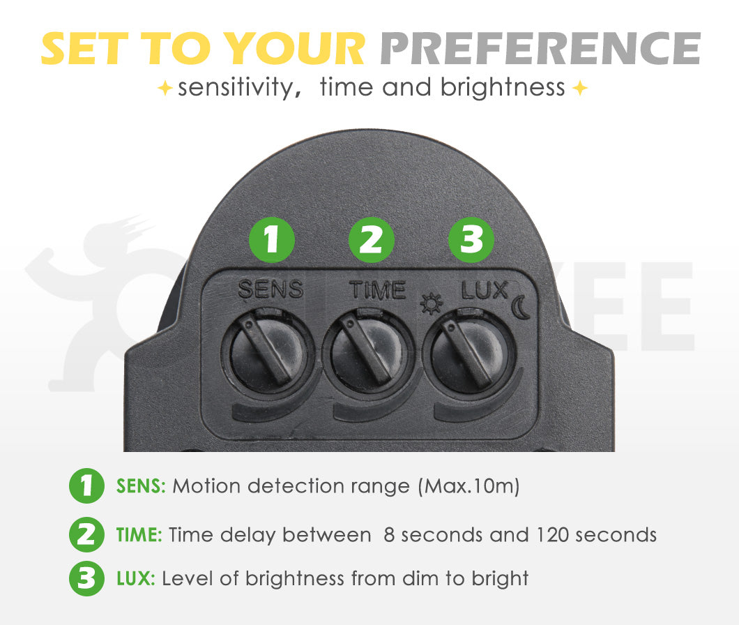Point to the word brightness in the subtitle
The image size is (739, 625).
pos(503,88)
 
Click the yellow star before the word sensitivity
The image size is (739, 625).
pos(165,89)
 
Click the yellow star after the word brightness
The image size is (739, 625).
pos(579,89)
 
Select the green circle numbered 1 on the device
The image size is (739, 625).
pos(272,241)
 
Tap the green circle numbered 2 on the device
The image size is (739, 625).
pos(372,241)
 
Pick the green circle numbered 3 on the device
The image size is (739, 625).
pos(471,241)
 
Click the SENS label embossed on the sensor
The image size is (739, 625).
pos(271,289)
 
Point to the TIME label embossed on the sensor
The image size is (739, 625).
pos(376,289)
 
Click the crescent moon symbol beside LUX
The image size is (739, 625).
pos(521,307)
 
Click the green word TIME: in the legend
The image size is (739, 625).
pos(139,535)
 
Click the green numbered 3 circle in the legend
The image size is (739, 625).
pos(86,579)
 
